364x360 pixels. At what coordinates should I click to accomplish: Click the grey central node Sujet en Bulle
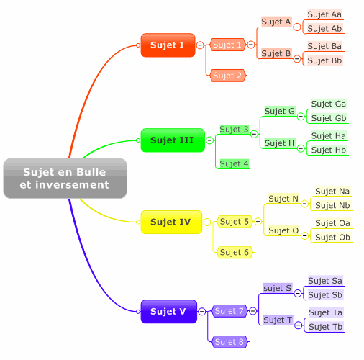click(65, 178)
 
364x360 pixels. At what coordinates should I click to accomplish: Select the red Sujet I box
click(168, 45)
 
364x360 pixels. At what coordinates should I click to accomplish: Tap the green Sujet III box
click(173, 140)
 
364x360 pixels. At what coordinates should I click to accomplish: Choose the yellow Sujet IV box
click(171, 222)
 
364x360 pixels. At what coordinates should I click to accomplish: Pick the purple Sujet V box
click(169, 311)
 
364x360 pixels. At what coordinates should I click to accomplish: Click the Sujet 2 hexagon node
click(227, 76)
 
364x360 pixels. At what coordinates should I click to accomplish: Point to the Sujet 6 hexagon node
click(235, 252)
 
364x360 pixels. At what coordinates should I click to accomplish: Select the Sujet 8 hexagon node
click(229, 342)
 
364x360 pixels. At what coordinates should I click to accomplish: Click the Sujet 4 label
click(235, 163)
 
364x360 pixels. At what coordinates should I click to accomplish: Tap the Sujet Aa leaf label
click(324, 14)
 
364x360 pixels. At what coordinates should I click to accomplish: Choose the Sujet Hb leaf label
click(329, 150)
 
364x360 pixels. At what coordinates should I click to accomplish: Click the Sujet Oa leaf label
click(332, 223)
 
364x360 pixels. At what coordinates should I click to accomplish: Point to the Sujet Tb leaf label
click(326, 327)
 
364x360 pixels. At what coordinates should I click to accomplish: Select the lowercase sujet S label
click(278, 288)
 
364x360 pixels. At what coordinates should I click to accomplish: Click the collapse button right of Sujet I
click(200, 45)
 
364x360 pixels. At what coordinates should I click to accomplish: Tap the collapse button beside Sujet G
click(301, 117)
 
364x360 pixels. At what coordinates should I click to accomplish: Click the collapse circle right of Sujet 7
click(252, 311)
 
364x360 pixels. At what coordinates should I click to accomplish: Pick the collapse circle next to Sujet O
click(304, 235)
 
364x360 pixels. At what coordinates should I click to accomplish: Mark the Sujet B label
click(276, 53)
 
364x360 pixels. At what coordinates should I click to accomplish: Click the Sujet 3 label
click(235, 130)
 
